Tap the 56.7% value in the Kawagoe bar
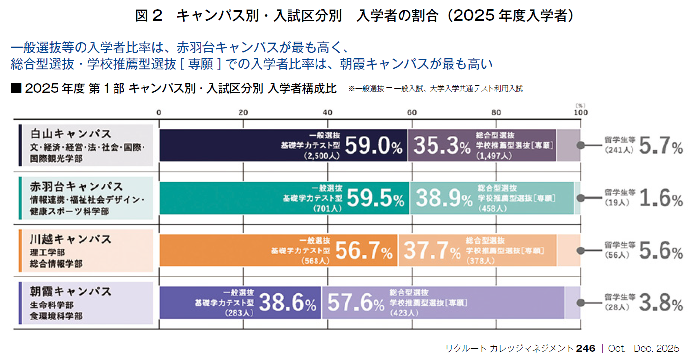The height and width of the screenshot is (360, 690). (x=364, y=251)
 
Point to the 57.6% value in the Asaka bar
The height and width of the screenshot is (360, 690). (x=355, y=304)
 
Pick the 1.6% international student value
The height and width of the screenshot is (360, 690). (x=661, y=199)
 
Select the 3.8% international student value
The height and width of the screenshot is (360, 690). (x=661, y=305)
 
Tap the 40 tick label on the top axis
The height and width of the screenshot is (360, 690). (x=328, y=112)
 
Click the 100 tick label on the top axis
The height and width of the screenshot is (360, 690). (x=580, y=112)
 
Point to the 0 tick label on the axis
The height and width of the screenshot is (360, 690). (x=159, y=112)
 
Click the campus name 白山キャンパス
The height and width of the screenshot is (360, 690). (x=71, y=134)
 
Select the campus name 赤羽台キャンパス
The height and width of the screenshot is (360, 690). (x=77, y=187)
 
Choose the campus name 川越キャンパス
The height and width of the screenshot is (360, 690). (x=71, y=239)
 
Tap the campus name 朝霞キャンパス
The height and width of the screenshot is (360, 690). (x=71, y=291)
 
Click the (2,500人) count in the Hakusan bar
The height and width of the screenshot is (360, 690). (x=320, y=156)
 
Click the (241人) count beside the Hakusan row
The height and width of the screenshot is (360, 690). (x=617, y=150)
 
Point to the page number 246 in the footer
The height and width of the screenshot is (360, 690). (x=586, y=348)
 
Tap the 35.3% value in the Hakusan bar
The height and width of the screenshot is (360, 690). (x=442, y=145)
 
